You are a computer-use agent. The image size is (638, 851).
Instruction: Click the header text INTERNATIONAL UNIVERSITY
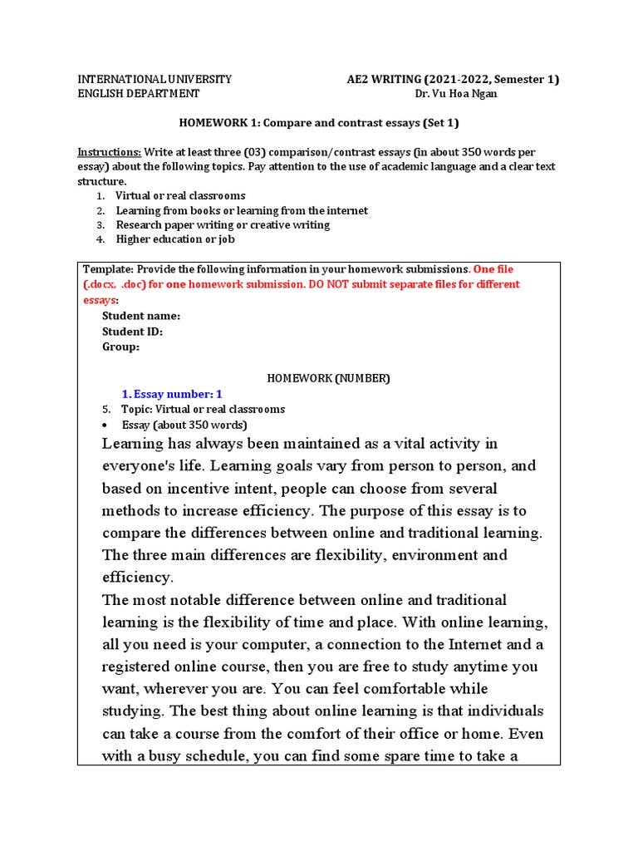click(155, 80)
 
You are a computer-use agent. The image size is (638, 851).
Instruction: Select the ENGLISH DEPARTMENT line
click(139, 94)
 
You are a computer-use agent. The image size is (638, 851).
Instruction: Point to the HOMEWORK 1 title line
click(319, 123)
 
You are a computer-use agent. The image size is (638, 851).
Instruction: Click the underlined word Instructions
click(110, 152)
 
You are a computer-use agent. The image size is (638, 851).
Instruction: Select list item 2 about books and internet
click(241, 210)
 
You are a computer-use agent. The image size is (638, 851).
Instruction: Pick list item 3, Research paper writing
click(222, 224)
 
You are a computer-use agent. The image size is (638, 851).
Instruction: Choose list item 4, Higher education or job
click(174, 239)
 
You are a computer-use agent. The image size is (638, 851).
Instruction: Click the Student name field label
click(140, 316)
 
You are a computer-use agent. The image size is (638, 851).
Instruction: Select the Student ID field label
click(132, 332)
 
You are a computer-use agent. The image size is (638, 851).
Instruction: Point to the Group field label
click(120, 347)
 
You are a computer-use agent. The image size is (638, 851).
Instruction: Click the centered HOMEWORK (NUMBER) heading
click(327, 378)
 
